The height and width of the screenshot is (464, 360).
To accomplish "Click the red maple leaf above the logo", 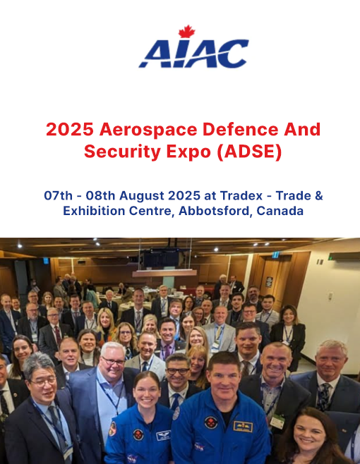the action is (x=186, y=32).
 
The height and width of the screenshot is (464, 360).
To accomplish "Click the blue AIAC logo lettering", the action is (x=193, y=54).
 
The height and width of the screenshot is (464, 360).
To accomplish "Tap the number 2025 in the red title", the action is (x=70, y=130).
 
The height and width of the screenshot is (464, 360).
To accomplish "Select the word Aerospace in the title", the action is (x=148, y=130).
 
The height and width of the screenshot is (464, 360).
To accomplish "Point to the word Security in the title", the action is (x=122, y=152).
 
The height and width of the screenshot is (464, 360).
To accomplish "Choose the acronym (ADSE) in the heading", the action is (x=249, y=152).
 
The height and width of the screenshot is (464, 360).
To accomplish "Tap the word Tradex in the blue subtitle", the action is (x=241, y=195).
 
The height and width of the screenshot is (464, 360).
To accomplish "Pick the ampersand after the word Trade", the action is (x=319, y=195).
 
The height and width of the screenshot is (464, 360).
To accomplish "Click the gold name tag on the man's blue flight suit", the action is (x=243, y=426).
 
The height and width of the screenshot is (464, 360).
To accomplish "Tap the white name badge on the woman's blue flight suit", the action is (x=163, y=435).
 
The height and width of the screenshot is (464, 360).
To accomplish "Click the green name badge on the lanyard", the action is (x=277, y=422).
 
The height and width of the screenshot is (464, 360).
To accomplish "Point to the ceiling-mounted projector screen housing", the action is (x=164, y=273).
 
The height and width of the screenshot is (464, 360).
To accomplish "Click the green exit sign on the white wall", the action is (x=330, y=257).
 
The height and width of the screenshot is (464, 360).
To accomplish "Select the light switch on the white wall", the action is (x=330, y=295).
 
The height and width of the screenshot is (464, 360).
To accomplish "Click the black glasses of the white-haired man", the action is (x=113, y=361).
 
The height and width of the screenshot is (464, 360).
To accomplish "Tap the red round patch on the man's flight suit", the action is (x=211, y=422).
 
